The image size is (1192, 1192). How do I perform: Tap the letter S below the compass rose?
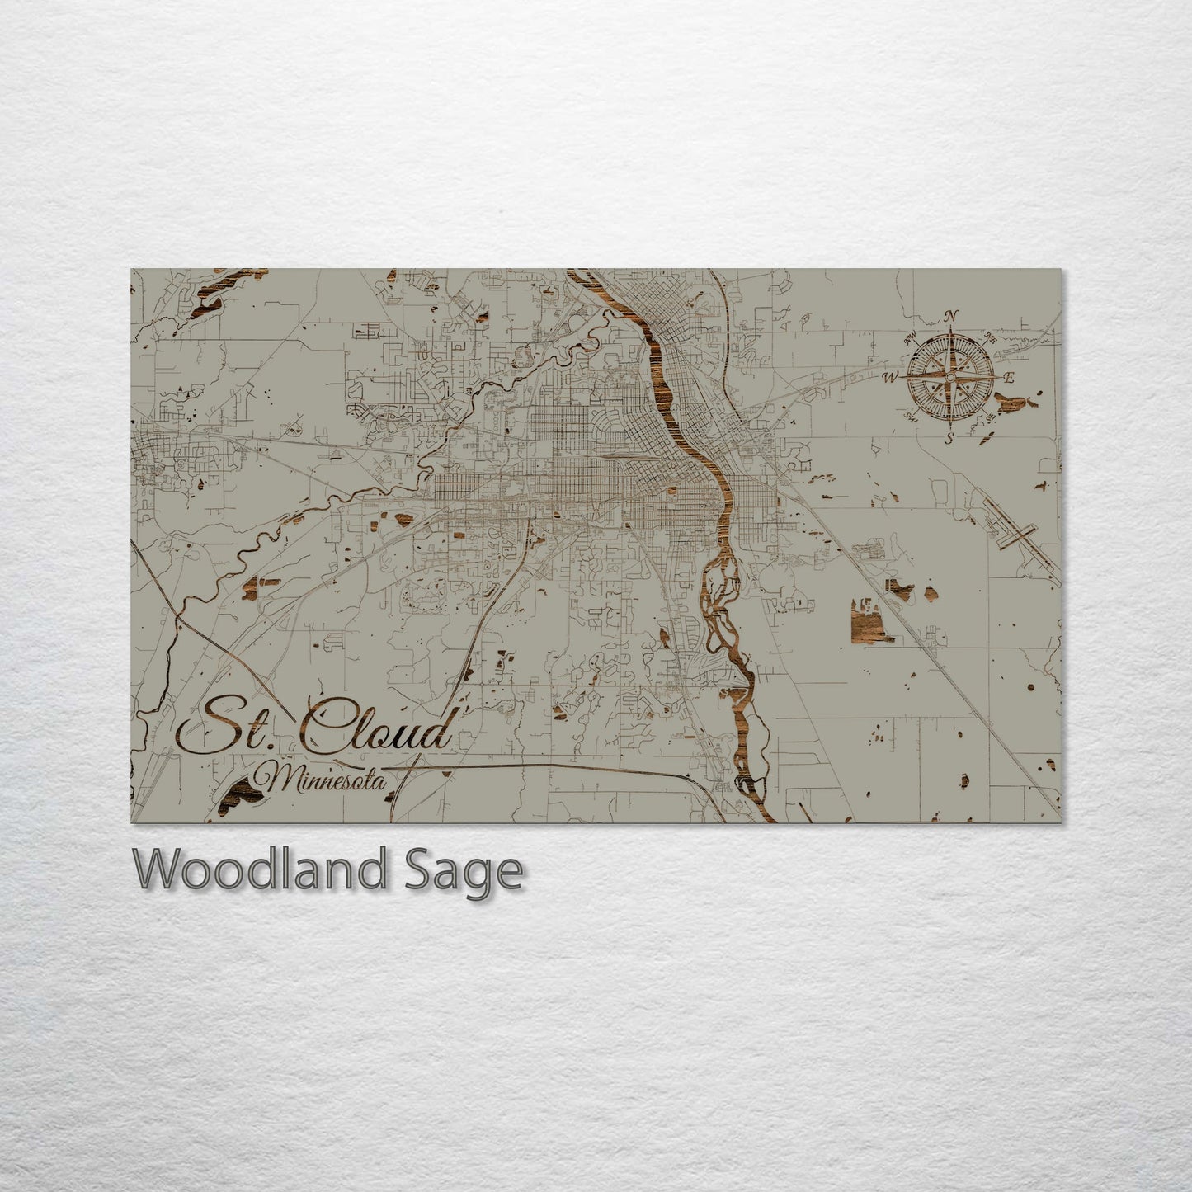[949, 439]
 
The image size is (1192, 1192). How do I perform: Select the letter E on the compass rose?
[1007, 378]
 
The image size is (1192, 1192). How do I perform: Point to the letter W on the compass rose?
[891, 379]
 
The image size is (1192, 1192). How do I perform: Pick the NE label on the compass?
[991, 337]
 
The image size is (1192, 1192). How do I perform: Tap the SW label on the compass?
[912, 417]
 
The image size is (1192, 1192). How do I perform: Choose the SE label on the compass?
[990, 418]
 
